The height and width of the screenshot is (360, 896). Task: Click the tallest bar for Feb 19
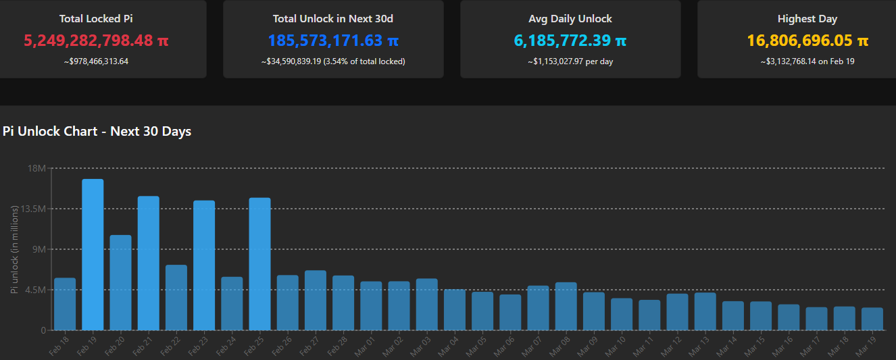point(93,255)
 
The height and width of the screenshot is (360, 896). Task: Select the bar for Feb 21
point(149,263)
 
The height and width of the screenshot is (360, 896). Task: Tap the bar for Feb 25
point(259,264)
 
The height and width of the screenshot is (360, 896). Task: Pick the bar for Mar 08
point(566,306)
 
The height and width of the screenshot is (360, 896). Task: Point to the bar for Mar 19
point(872,319)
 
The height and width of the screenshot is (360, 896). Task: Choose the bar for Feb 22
point(176,297)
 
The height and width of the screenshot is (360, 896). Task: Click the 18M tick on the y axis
point(36,168)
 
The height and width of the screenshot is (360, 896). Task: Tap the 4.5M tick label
point(34,290)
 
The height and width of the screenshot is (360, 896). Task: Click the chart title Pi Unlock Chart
point(97,132)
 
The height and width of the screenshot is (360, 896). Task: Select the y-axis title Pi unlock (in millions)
point(14,249)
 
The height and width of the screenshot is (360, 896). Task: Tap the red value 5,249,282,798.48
point(89,41)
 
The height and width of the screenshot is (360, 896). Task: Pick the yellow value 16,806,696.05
point(800,41)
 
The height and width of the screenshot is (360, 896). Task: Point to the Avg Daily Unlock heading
point(570,19)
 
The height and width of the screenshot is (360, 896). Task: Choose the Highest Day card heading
point(807,19)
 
